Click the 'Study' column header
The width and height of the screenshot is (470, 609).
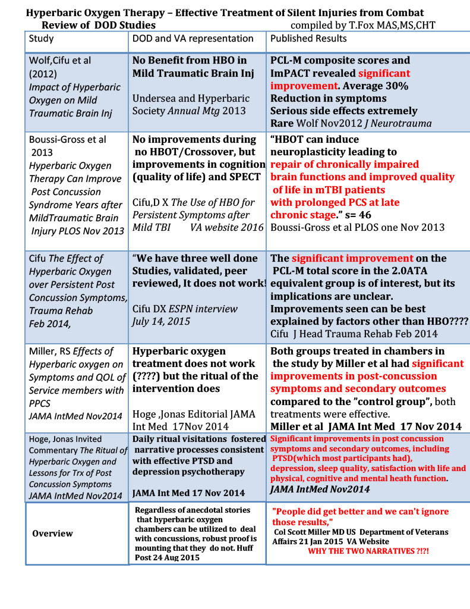[42, 39]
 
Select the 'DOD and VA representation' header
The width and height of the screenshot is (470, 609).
[193, 39]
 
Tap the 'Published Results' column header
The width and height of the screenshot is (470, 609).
[308, 39]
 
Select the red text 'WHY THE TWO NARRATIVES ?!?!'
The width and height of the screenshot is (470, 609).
[368, 551]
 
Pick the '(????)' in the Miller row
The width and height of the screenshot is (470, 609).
[150, 376]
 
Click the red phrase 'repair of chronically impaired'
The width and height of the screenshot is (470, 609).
[345, 164]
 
